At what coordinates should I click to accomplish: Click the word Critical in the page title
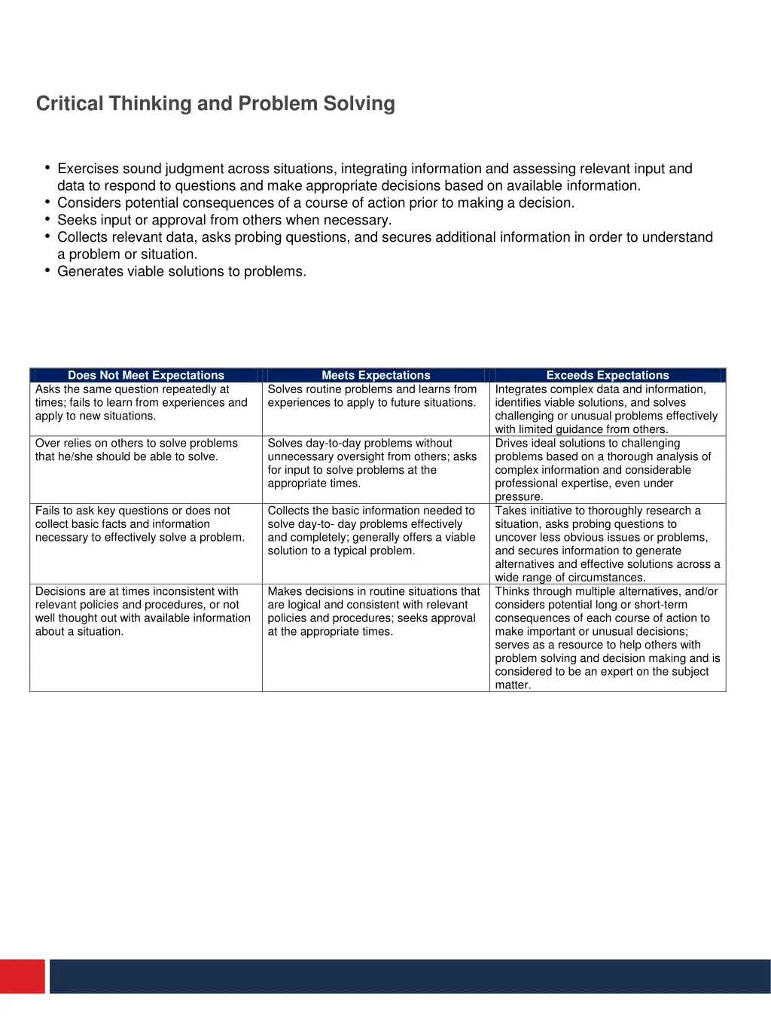[x=70, y=103]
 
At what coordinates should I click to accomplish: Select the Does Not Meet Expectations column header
[x=146, y=375]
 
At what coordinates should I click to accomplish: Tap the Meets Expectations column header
[x=376, y=375]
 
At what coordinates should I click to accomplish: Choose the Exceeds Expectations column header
[x=608, y=375]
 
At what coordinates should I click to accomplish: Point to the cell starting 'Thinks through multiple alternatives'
[x=607, y=638]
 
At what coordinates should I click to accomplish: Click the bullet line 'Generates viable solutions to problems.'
[x=181, y=271]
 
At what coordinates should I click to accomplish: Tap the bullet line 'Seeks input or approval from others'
[x=224, y=220]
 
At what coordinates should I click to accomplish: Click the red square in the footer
[x=22, y=976]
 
